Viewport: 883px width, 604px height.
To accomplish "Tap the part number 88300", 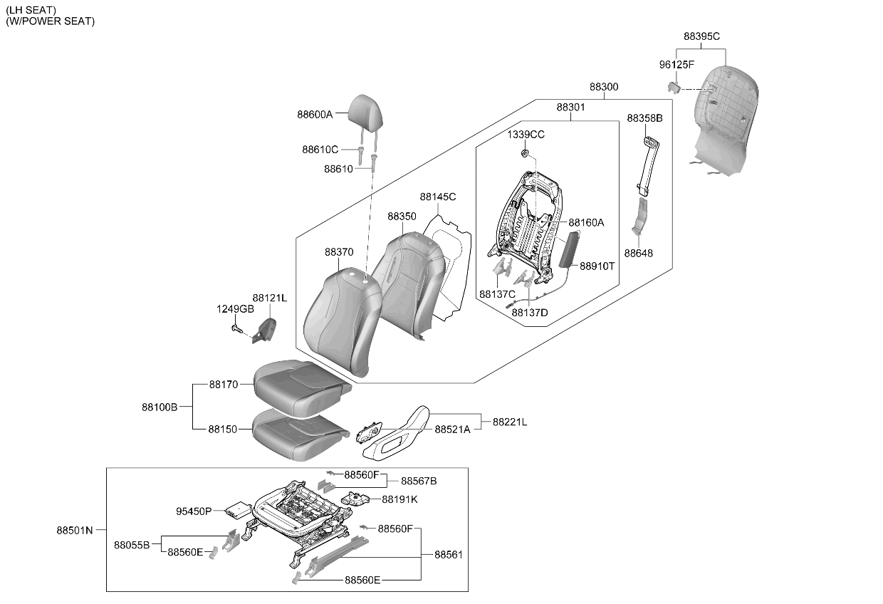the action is [x=604, y=87].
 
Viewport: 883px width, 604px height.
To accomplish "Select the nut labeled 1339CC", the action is [x=525, y=153].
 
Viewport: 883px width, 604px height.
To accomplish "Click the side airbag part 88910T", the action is [x=570, y=250].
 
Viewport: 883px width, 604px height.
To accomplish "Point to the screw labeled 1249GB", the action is [x=236, y=328].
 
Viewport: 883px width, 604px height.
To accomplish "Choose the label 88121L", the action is [x=270, y=298].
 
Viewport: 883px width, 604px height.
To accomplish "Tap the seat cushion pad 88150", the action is [x=301, y=434].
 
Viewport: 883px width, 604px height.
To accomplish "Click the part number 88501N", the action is [x=75, y=530].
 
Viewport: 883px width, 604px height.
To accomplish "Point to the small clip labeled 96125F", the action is [x=674, y=87].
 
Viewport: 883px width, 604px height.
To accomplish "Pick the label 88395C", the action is [x=701, y=36].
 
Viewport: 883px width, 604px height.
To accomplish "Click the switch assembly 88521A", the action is [x=369, y=432].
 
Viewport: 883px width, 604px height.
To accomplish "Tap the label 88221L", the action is [x=510, y=422].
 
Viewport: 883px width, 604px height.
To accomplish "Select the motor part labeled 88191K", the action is [x=354, y=499].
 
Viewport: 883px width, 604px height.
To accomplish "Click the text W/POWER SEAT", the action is [x=51, y=21].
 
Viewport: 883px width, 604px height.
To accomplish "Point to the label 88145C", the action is [x=437, y=197].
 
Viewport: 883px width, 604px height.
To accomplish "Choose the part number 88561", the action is [x=448, y=555].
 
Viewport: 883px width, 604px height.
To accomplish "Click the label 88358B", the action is [x=645, y=118].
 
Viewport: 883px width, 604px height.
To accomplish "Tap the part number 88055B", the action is [x=132, y=546].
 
